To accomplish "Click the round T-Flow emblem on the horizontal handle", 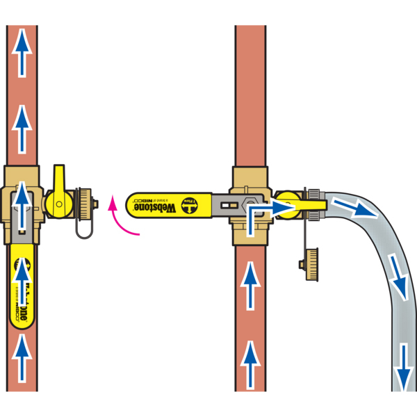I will click(188, 204).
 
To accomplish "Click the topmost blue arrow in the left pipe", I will click(22, 56).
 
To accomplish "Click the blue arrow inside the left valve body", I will click(23, 202).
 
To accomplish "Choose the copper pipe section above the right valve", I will click(250, 97).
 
